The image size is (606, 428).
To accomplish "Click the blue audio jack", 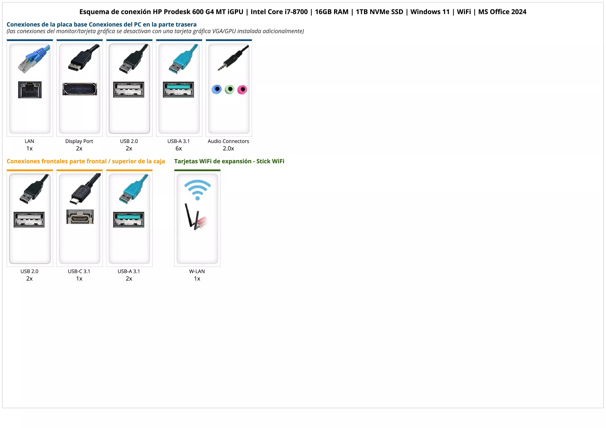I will [217, 89].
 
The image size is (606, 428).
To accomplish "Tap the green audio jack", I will [230, 89].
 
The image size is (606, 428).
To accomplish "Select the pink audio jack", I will [242, 90].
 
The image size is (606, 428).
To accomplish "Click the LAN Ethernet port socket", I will [30, 90].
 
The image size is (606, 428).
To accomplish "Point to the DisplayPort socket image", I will [80, 89].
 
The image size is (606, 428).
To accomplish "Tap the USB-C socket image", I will [80, 217].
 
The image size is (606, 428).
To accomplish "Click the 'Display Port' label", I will [79, 141].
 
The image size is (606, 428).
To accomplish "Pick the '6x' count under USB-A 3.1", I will [179, 148].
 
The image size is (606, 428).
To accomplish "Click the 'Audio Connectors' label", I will [228, 141].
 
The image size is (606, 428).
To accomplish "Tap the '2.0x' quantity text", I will [228, 148].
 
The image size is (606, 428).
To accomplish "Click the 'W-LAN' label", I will [197, 271].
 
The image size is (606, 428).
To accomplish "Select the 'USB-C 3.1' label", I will [79, 271].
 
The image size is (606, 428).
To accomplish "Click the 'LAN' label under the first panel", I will [29, 141].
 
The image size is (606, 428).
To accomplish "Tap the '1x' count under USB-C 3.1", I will [79, 279].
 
